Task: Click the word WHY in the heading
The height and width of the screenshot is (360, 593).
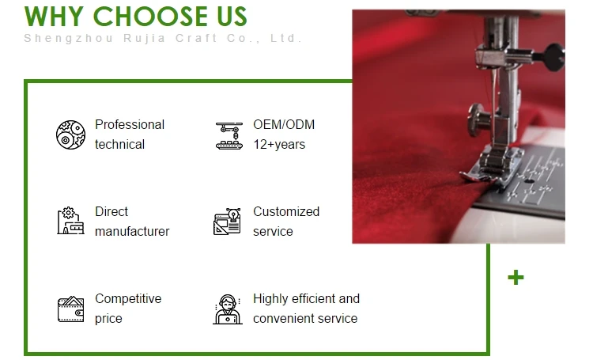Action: click(54, 17)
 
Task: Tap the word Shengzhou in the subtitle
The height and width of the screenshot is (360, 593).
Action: click(69, 38)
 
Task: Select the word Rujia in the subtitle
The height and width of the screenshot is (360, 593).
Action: click(145, 38)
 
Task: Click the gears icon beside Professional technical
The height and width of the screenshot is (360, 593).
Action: click(70, 135)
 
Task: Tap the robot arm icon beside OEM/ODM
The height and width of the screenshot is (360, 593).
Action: click(229, 135)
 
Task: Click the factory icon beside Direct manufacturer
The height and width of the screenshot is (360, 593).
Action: click(70, 221)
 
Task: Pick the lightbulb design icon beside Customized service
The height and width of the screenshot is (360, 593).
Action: click(227, 221)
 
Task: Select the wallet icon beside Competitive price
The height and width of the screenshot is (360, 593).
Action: click(70, 309)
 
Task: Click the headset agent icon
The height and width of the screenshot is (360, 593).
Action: click(227, 309)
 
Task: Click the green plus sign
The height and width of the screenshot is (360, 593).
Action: click(516, 278)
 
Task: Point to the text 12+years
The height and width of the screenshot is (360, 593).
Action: click(279, 145)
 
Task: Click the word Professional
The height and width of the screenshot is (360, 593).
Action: click(130, 124)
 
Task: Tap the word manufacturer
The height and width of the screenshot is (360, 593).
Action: click(132, 231)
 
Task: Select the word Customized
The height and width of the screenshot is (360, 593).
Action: click(286, 211)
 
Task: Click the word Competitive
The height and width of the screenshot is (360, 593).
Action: click(128, 298)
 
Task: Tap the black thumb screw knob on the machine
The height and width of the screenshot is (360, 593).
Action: click(554, 57)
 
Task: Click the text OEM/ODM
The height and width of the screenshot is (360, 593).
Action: click(284, 124)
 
